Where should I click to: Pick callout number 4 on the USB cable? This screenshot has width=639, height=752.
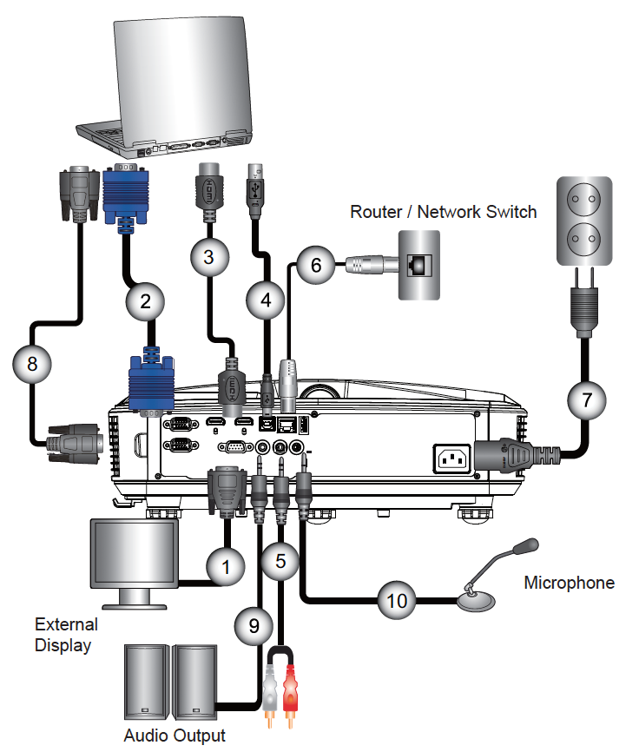click(265, 300)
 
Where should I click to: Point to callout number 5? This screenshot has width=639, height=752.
click(280, 560)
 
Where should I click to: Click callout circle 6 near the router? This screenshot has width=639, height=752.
click(316, 265)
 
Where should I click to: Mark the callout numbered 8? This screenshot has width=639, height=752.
click(32, 364)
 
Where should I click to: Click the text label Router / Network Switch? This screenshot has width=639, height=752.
click(443, 211)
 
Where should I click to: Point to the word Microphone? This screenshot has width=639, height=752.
click(569, 583)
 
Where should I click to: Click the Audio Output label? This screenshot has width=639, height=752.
click(175, 736)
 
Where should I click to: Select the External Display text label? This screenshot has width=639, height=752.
click(66, 635)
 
